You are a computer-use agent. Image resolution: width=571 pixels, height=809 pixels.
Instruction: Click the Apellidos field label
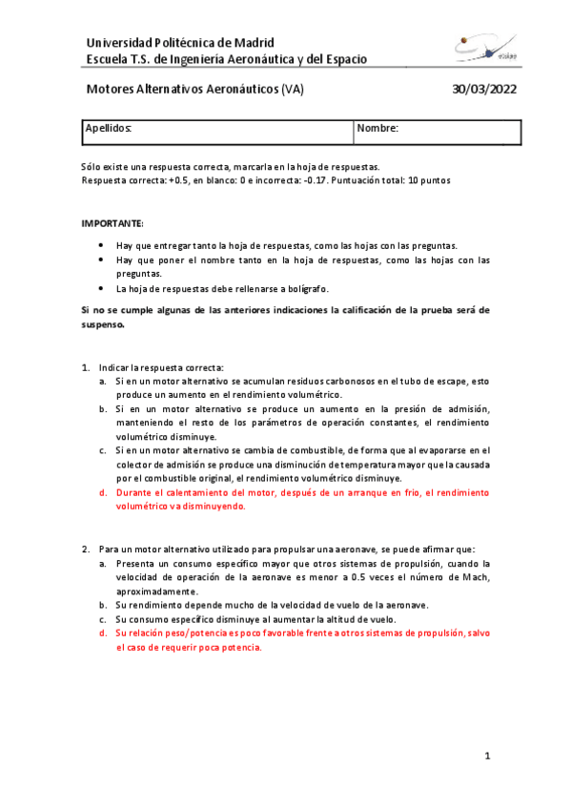point(109,127)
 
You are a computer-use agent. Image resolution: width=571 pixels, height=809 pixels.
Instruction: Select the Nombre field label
point(377,127)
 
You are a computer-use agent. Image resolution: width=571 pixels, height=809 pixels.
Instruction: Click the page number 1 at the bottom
point(486,757)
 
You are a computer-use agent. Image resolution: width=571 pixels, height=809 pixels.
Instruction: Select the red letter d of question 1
point(103,493)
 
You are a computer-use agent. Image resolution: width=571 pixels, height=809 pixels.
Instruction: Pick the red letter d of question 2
point(103,633)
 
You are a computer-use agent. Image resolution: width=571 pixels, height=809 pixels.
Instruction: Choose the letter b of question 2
point(103,605)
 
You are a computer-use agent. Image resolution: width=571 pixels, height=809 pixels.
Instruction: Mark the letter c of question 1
point(103,450)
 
